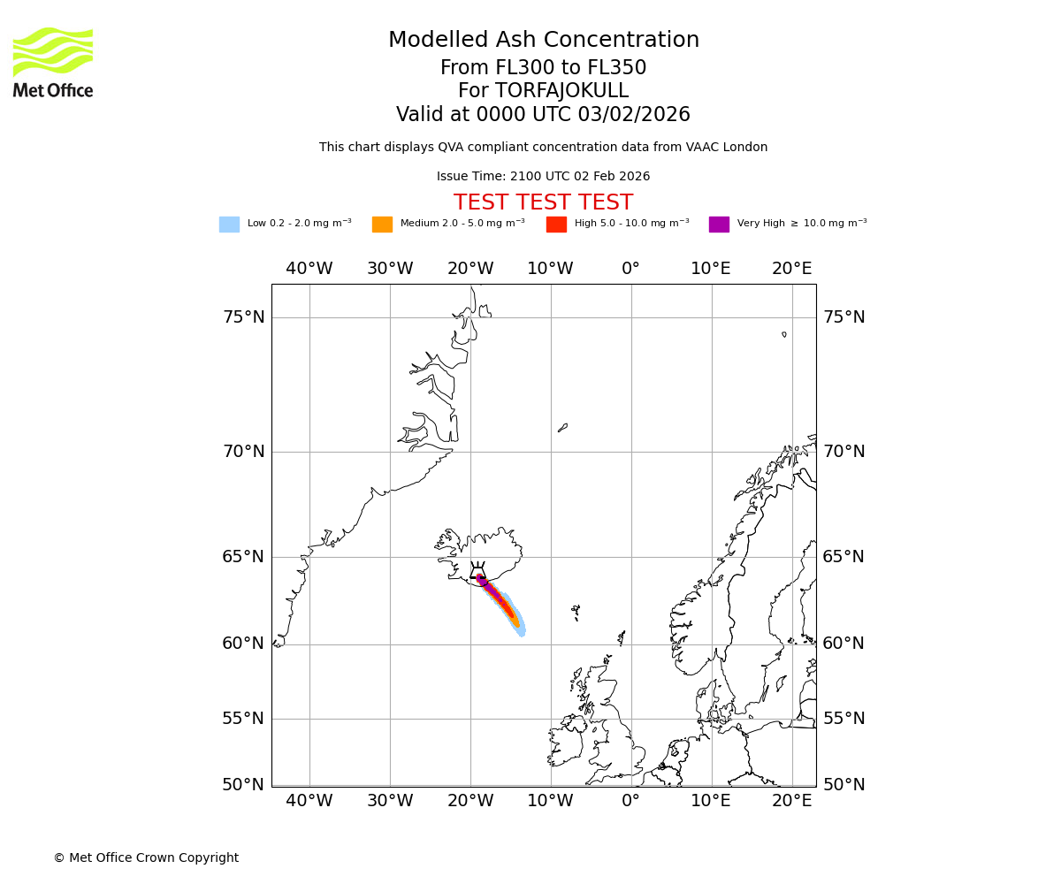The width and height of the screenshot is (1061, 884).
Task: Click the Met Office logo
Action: click(53, 62)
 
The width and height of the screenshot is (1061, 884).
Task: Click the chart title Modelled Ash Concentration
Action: click(543, 41)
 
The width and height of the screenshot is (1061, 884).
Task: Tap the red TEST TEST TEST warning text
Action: click(543, 203)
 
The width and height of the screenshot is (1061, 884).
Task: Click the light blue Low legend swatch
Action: click(229, 225)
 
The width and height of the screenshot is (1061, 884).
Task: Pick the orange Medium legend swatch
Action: click(382, 225)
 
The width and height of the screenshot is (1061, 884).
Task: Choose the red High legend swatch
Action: click(556, 225)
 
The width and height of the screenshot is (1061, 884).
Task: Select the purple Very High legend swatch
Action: click(719, 225)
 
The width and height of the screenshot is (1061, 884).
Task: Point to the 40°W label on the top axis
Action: click(309, 269)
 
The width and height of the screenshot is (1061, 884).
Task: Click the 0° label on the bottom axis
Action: click(630, 801)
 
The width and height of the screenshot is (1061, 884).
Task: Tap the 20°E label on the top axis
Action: click(791, 269)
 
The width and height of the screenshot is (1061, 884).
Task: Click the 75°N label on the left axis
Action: click(243, 317)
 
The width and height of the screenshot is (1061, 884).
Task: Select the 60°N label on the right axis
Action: click(843, 644)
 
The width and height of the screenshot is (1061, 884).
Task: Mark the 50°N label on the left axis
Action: click(243, 785)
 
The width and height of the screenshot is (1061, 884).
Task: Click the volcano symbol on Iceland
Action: click(477, 572)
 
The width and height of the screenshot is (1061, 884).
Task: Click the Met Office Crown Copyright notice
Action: click(146, 858)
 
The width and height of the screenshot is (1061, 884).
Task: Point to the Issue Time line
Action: click(543, 177)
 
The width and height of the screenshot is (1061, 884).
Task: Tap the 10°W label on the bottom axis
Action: click(550, 801)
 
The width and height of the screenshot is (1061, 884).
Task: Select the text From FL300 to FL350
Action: click(543, 68)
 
